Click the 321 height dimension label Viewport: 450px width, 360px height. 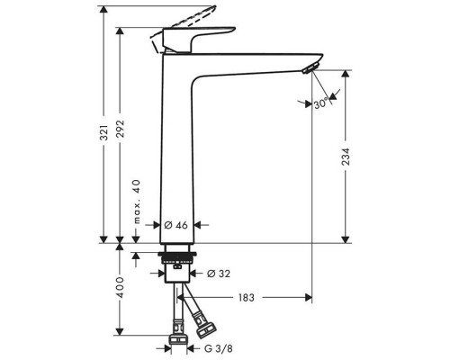click(x=104, y=132)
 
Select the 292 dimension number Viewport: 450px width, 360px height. click(x=121, y=129)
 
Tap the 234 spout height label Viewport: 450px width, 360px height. click(x=346, y=157)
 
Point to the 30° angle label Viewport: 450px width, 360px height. click(x=320, y=103)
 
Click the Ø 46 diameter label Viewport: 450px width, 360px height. click(x=176, y=225)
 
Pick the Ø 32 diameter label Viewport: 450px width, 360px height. click(x=219, y=274)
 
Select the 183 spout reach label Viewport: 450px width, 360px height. click(x=247, y=298)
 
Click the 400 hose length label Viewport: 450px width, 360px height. click(x=121, y=287)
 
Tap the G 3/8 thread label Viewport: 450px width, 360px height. click(x=219, y=348)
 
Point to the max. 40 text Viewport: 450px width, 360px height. click(x=137, y=202)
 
